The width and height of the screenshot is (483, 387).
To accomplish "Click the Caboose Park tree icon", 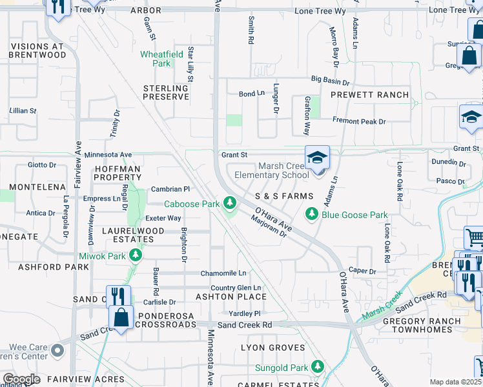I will click(229, 204).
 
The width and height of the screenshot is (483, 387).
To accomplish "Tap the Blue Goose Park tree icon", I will click(312, 213).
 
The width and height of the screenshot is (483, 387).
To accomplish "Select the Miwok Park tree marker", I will click(135, 256).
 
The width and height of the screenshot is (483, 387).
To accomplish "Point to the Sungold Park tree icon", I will click(317, 366).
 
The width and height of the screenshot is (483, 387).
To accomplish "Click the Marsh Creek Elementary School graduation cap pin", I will click(318, 159).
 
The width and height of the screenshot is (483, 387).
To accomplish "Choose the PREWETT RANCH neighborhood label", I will click(369, 95).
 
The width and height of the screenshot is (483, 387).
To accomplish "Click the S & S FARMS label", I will click(283, 195).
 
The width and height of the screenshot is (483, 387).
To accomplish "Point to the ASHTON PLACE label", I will click(231, 297).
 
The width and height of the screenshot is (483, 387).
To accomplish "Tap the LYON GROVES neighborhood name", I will click(272, 348).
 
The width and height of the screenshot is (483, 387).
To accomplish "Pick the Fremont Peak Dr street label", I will click(359, 121).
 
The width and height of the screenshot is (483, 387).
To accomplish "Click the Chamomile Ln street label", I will click(223, 273).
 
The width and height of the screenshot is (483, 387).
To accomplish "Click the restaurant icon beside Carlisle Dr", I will click(118, 297).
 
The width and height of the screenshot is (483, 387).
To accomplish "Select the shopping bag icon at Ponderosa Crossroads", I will click(121, 317).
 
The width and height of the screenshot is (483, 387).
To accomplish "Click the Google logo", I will click(21, 379).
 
